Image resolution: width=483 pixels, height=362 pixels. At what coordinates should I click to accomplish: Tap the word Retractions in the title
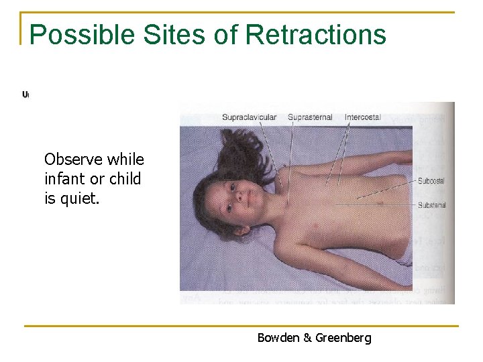[316, 35]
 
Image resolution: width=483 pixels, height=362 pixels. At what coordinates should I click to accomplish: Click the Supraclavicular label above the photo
[249, 117]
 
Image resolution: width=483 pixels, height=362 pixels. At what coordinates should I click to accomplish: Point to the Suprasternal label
[310, 117]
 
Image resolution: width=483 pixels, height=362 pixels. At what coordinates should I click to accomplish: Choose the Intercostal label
[362, 117]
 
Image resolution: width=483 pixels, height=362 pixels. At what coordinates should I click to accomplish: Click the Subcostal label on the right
[431, 181]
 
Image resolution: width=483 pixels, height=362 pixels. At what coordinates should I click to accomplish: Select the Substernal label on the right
[431, 205]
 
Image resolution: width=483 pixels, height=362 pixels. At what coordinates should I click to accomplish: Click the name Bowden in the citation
[278, 338]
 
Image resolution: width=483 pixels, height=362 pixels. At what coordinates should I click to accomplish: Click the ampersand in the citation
[307, 338]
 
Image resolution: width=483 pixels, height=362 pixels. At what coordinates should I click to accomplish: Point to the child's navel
[380, 202]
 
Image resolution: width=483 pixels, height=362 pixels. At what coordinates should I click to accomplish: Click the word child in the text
[125, 180]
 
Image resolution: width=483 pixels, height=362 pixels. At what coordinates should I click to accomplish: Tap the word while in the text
[125, 160]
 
